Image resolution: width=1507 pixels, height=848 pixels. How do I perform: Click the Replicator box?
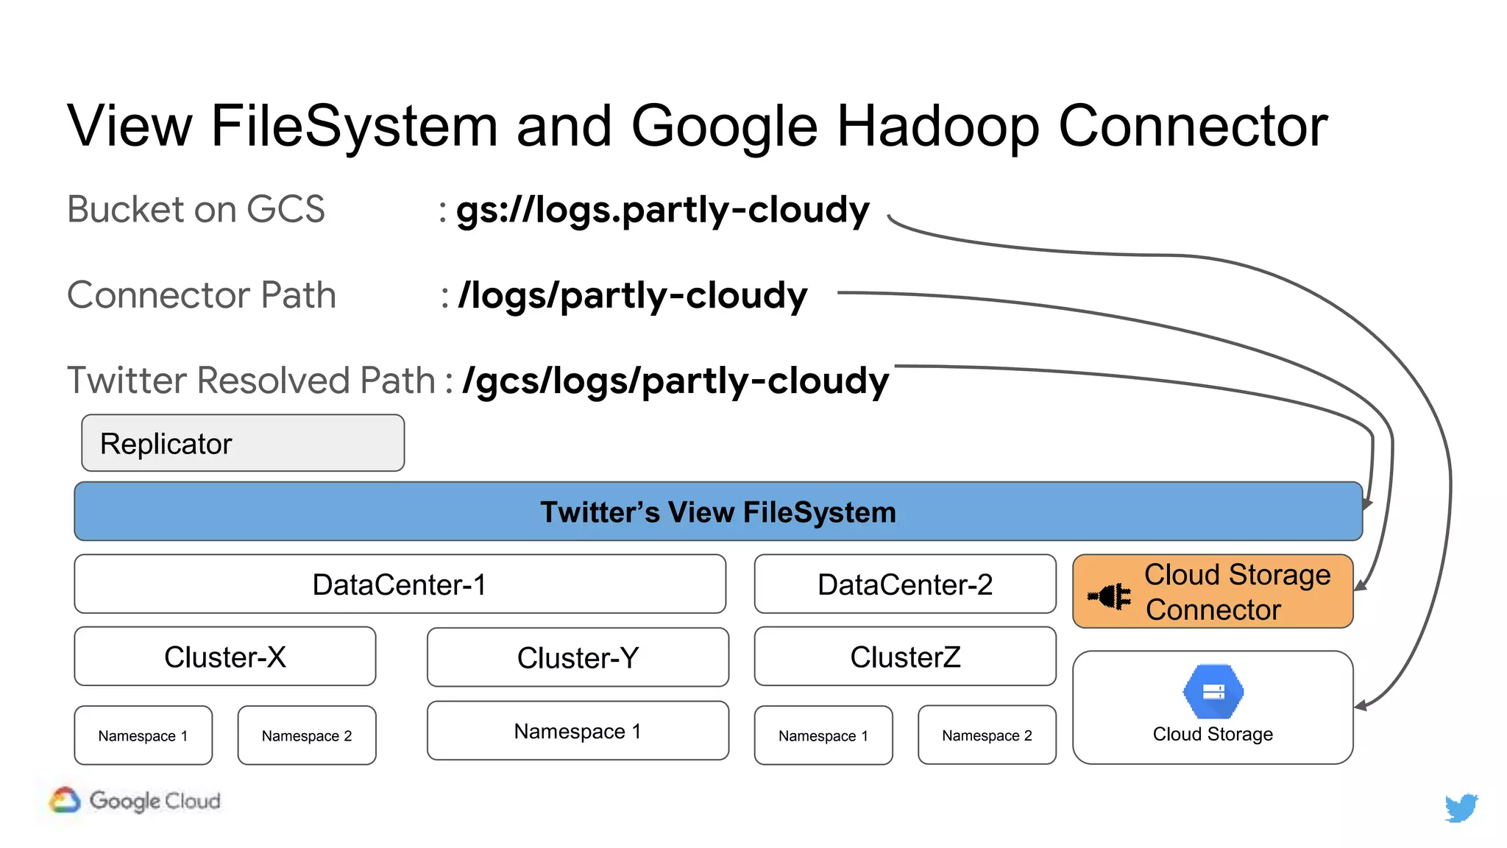click(243, 443)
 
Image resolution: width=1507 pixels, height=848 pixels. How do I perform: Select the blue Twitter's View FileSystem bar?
click(717, 512)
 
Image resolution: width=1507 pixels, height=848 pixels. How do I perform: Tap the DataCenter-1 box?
click(400, 584)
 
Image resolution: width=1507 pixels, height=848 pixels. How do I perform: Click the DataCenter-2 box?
click(904, 584)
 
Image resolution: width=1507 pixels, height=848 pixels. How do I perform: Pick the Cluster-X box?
click(224, 657)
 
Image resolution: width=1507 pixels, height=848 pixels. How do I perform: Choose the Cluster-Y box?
click(578, 657)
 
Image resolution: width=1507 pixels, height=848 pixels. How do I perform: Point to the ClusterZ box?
click(904, 657)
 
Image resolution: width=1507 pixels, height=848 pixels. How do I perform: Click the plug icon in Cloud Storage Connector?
click(1110, 596)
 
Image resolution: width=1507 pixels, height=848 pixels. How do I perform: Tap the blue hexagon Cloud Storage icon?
click(1213, 692)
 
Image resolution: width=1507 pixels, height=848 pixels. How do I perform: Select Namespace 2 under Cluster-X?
click(307, 735)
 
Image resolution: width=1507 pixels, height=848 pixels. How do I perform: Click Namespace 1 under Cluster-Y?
click(578, 731)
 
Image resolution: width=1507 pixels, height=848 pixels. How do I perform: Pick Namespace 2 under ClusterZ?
click(987, 735)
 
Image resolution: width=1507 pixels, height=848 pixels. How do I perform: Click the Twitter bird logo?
click(1461, 807)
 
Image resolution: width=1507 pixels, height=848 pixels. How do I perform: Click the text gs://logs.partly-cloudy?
click(662, 211)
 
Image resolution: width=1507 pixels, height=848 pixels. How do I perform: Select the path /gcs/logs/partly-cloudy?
click(676, 381)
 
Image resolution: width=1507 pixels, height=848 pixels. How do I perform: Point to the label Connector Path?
click(201, 295)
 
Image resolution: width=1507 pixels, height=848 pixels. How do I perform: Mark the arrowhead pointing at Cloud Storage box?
click(1361, 706)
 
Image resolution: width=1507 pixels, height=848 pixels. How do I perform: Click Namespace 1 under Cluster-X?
click(143, 735)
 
